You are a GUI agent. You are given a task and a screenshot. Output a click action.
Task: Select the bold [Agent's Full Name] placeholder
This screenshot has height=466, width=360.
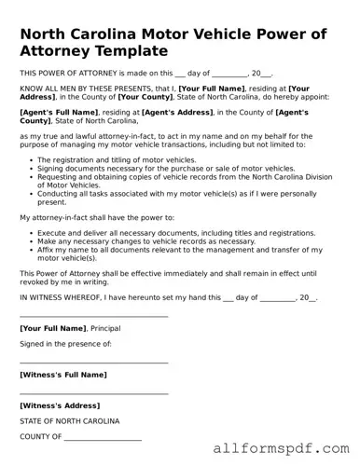pos(58,111)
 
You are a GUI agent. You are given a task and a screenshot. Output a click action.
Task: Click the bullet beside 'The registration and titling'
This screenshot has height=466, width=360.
pos(32,159)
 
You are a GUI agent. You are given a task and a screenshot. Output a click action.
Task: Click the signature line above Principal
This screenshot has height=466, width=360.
pos(93,317)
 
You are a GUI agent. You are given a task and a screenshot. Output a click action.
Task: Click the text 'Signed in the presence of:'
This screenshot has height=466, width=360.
pos(65,344)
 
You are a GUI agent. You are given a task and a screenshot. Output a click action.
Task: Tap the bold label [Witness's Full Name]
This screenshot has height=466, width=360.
pos(63,375)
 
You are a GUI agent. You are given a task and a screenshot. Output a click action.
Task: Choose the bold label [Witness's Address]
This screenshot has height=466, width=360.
pos(60,405)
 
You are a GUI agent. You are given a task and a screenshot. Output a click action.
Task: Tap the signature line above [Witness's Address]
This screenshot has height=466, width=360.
pos(93,393)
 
